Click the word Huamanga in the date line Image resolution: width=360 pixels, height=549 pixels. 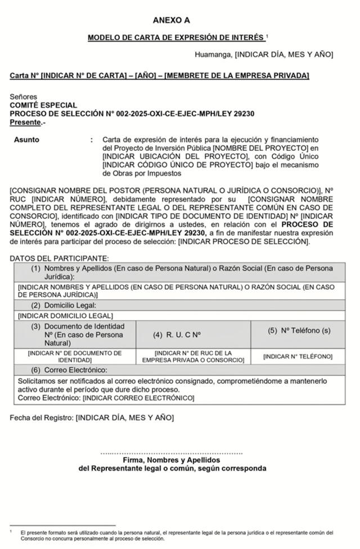[x=213, y=55]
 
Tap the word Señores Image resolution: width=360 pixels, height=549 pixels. [x=24, y=97]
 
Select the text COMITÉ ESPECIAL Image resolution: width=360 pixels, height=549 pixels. [x=43, y=105]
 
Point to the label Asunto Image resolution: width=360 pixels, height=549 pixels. [x=26, y=139]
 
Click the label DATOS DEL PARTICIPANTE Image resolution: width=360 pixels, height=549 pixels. [x=59, y=258]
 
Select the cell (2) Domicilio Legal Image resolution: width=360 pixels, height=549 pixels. [x=67, y=305]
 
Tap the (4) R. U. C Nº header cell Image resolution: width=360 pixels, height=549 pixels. [x=177, y=335]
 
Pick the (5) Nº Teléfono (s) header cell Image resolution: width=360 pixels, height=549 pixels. [x=298, y=330]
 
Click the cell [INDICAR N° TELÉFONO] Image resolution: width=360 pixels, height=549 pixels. [x=298, y=357]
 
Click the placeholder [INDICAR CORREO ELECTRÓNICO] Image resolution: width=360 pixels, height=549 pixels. [x=138, y=398]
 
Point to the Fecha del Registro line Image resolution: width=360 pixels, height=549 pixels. [x=92, y=417]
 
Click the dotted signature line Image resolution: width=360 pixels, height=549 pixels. [x=172, y=452]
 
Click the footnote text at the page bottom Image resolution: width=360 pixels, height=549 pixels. [x=174, y=534]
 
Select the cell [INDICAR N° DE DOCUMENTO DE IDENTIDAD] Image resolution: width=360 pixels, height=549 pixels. [x=75, y=357]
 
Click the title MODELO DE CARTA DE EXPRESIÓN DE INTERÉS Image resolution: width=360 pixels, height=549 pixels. [x=175, y=38]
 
